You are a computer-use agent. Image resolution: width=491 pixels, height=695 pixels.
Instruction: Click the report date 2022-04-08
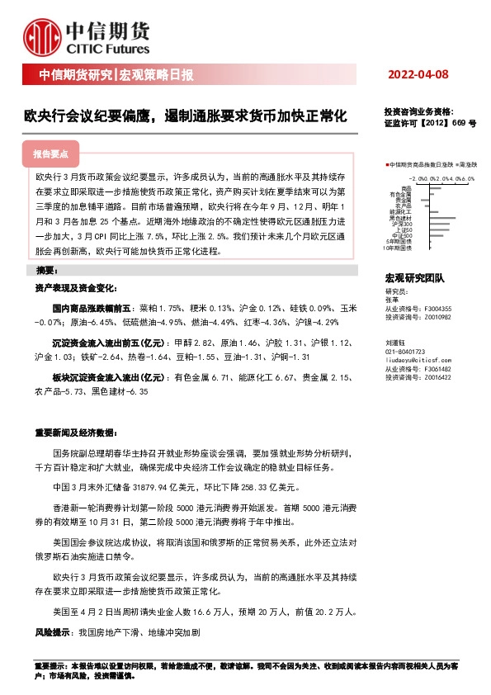pyautogui.click(x=418, y=75)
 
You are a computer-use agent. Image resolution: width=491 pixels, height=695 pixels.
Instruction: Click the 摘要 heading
pyautogui.click(x=46, y=270)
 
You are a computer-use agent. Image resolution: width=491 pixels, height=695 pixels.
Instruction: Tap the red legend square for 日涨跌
pyautogui.click(x=387, y=165)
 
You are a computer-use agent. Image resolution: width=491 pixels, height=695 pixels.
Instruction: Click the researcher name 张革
pyautogui.click(x=392, y=300)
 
